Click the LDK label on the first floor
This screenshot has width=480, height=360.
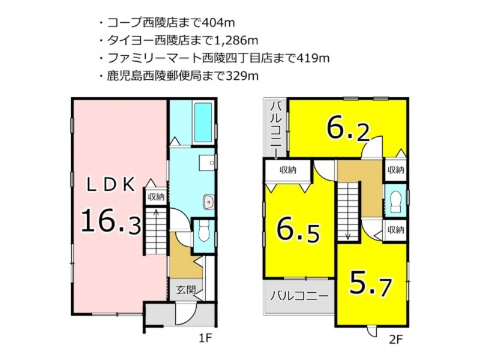[111, 185]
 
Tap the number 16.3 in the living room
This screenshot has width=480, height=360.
[111, 220]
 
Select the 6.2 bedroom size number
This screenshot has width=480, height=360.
[349, 128]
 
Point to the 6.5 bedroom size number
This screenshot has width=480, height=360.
[298, 229]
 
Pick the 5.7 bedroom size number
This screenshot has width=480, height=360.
[370, 283]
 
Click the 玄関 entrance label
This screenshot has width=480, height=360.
[186, 289]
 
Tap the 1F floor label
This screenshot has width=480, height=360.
[205, 338]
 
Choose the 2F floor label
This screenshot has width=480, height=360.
[395, 340]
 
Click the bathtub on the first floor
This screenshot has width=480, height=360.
[202, 122]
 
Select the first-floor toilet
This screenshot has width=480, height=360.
[203, 231]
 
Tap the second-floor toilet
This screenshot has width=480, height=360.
[395, 202]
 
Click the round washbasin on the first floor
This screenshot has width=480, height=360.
[209, 202]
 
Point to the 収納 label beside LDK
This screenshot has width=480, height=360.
[156, 197]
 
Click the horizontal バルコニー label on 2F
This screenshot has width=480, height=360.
[298, 296]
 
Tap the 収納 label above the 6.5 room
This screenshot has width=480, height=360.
[288, 170]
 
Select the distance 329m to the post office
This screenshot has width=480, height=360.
[242, 76]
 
